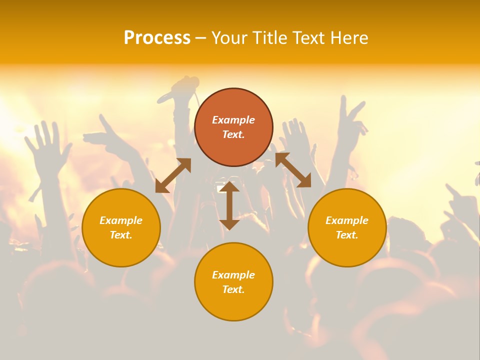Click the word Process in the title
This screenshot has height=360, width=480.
coord(157,38)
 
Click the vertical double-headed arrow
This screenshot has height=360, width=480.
coord(229,205)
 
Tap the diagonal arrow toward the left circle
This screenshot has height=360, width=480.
coord(173,175)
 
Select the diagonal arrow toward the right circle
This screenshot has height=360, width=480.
coord(293,170)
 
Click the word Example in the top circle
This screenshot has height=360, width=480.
coord(233,120)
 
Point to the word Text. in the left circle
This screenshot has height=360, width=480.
coord(121,235)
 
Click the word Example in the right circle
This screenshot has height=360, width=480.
coord(347,220)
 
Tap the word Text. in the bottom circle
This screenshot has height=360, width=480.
coord(233,289)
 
